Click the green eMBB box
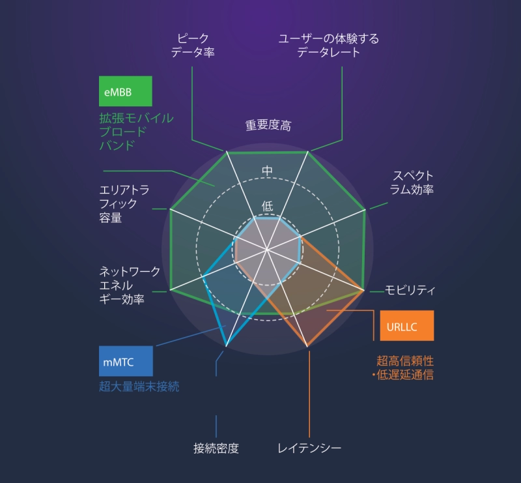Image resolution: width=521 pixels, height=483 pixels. [x=126, y=91]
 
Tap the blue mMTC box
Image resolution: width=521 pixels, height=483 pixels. [x=126, y=361]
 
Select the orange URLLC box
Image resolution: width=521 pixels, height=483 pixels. [x=407, y=325]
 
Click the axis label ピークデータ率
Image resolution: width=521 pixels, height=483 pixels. [x=193, y=45]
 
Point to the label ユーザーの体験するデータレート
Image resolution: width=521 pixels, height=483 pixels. [x=329, y=46]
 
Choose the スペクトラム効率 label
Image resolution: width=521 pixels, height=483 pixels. [x=412, y=183]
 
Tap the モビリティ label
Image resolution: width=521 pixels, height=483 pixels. [x=410, y=290]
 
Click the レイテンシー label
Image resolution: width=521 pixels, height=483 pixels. [x=309, y=448]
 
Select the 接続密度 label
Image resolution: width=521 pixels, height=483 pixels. [x=216, y=448]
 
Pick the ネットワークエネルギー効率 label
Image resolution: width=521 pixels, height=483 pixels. [x=130, y=285]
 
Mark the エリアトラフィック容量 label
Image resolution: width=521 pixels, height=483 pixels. [x=124, y=204]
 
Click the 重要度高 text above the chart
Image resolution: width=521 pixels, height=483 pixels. [x=268, y=125]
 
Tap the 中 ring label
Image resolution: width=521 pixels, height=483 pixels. [x=267, y=171]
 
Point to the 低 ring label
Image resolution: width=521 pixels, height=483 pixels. [x=268, y=206]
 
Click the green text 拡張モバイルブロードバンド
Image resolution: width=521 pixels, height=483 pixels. [x=136, y=132]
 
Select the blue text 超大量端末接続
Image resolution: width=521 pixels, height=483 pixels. [x=139, y=387]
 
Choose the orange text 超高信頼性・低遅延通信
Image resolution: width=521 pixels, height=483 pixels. [x=402, y=368]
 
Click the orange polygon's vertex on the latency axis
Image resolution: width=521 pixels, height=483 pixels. [x=307, y=346]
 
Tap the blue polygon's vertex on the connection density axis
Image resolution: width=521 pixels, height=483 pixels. [x=226, y=346]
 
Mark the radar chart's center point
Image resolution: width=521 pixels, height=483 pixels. [x=267, y=249]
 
